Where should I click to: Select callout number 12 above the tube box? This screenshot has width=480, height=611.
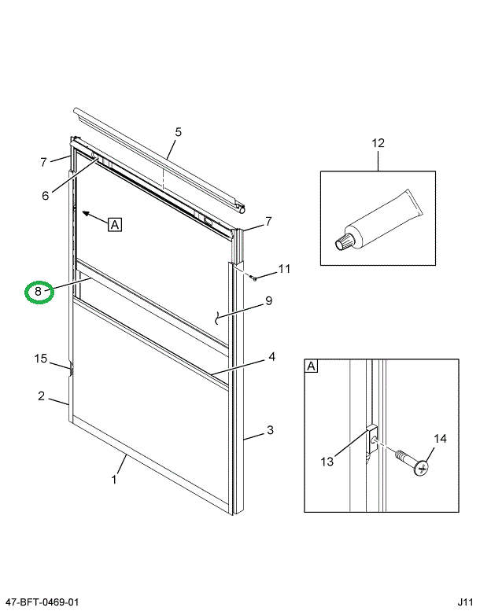tap(378, 143)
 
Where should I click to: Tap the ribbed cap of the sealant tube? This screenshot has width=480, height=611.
tap(345, 242)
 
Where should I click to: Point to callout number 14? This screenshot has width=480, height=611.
tap(440, 439)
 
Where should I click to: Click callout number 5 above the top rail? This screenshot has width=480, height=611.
tap(178, 132)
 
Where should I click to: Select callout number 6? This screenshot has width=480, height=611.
tap(45, 195)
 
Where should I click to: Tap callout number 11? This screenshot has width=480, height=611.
tap(284, 269)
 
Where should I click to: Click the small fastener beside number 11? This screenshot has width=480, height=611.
tap(253, 276)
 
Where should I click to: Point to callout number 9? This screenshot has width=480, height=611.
tap(268, 300)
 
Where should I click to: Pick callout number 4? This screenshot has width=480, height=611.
tap(271, 356)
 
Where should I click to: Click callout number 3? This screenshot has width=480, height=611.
tap(269, 429)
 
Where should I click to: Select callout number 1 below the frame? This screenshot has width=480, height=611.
tap(113, 479)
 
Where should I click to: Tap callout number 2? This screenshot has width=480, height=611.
tap(41, 396)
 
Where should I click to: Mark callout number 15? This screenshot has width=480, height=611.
tap(41, 359)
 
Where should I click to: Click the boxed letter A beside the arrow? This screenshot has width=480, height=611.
tap(115, 225)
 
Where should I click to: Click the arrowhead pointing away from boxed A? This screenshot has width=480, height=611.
tap(85, 212)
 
